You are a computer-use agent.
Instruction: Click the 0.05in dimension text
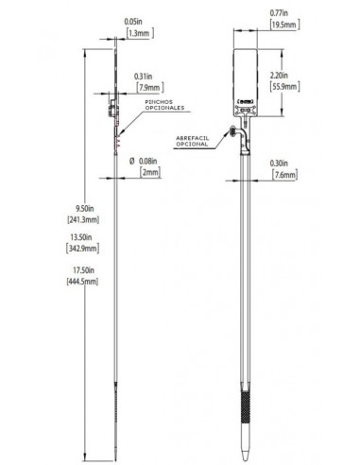point(133,22)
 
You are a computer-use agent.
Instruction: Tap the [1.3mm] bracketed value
point(140,33)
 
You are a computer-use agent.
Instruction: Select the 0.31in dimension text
point(144,77)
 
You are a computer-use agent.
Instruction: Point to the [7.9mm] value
point(150,87)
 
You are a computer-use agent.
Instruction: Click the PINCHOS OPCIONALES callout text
point(164,105)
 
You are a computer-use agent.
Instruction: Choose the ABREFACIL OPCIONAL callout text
point(192,141)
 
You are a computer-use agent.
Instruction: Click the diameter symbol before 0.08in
point(132,161)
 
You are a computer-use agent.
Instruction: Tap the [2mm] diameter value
point(150,172)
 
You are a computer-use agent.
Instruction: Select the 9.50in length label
point(84,209)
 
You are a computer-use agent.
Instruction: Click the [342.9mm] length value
point(82,249)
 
